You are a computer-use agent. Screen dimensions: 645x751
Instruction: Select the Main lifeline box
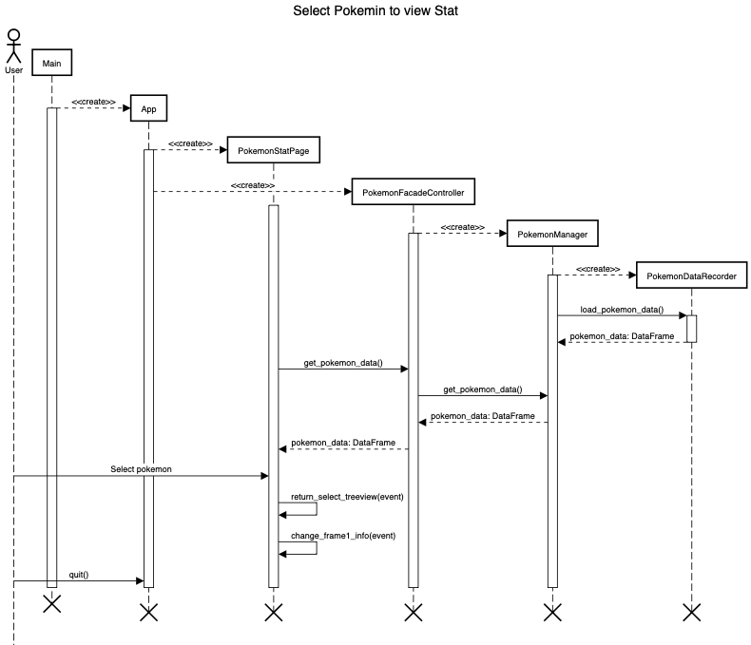(51, 63)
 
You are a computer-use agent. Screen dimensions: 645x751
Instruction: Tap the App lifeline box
(148, 109)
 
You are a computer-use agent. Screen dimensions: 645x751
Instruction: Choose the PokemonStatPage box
(273, 149)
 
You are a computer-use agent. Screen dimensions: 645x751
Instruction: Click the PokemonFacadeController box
(413, 193)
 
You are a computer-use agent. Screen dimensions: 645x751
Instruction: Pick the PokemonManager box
(552, 234)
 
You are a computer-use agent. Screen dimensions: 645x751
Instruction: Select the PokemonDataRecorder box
(691, 275)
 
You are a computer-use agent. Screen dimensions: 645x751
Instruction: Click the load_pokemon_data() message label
(622, 311)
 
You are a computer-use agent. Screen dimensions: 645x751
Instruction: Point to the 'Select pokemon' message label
(142, 469)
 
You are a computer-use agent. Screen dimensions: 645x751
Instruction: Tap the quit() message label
(79, 575)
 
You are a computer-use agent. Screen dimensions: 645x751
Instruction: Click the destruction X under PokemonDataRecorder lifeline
(691, 612)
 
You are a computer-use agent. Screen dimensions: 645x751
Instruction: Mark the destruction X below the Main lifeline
(51, 603)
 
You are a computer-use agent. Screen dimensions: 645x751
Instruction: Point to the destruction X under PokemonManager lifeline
(552, 612)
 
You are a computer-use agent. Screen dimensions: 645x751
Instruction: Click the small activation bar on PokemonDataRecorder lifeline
(691, 328)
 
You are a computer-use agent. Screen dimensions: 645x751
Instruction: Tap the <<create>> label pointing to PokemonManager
(463, 228)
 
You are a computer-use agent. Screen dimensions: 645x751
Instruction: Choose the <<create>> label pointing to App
(93, 102)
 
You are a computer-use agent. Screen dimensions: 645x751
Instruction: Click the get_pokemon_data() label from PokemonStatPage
(342, 363)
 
